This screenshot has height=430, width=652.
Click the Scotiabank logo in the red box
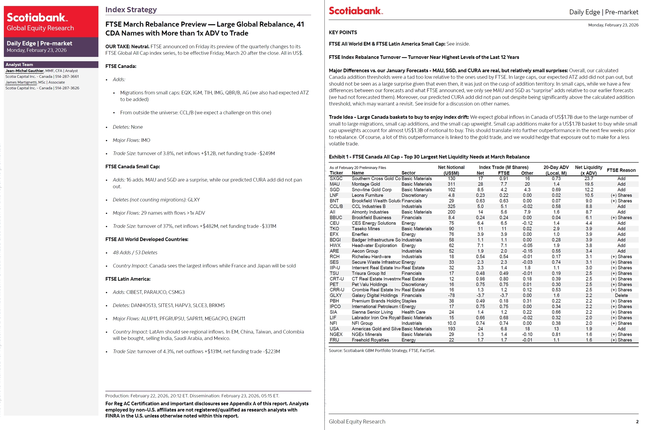pos(37,18)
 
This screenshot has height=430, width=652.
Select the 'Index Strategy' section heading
pos(131,10)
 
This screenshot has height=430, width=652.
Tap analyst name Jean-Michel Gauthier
pos(24,71)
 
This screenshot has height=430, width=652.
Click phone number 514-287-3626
pos(67,88)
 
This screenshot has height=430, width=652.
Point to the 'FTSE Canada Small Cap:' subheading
pos(133,166)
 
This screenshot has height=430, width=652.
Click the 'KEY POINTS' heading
pos(343,32)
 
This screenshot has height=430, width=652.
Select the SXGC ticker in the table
pos(336,179)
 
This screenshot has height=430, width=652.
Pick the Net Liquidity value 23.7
pos(588,179)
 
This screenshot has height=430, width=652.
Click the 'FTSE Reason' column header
pos(621,170)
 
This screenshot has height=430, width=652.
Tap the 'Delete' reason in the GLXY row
pos(621,295)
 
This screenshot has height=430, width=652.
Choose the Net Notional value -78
pos(451,295)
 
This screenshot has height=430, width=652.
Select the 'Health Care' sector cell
pos(413,312)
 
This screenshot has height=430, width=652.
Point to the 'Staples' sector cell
pos(409,301)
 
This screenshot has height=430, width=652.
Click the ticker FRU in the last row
pos(334,340)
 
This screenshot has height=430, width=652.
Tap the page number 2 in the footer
pos(637,422)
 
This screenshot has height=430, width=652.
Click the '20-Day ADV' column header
pos(556,167)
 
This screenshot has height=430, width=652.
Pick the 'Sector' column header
pos(408,173)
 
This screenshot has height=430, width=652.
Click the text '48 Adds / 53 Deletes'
pos(135,252)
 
